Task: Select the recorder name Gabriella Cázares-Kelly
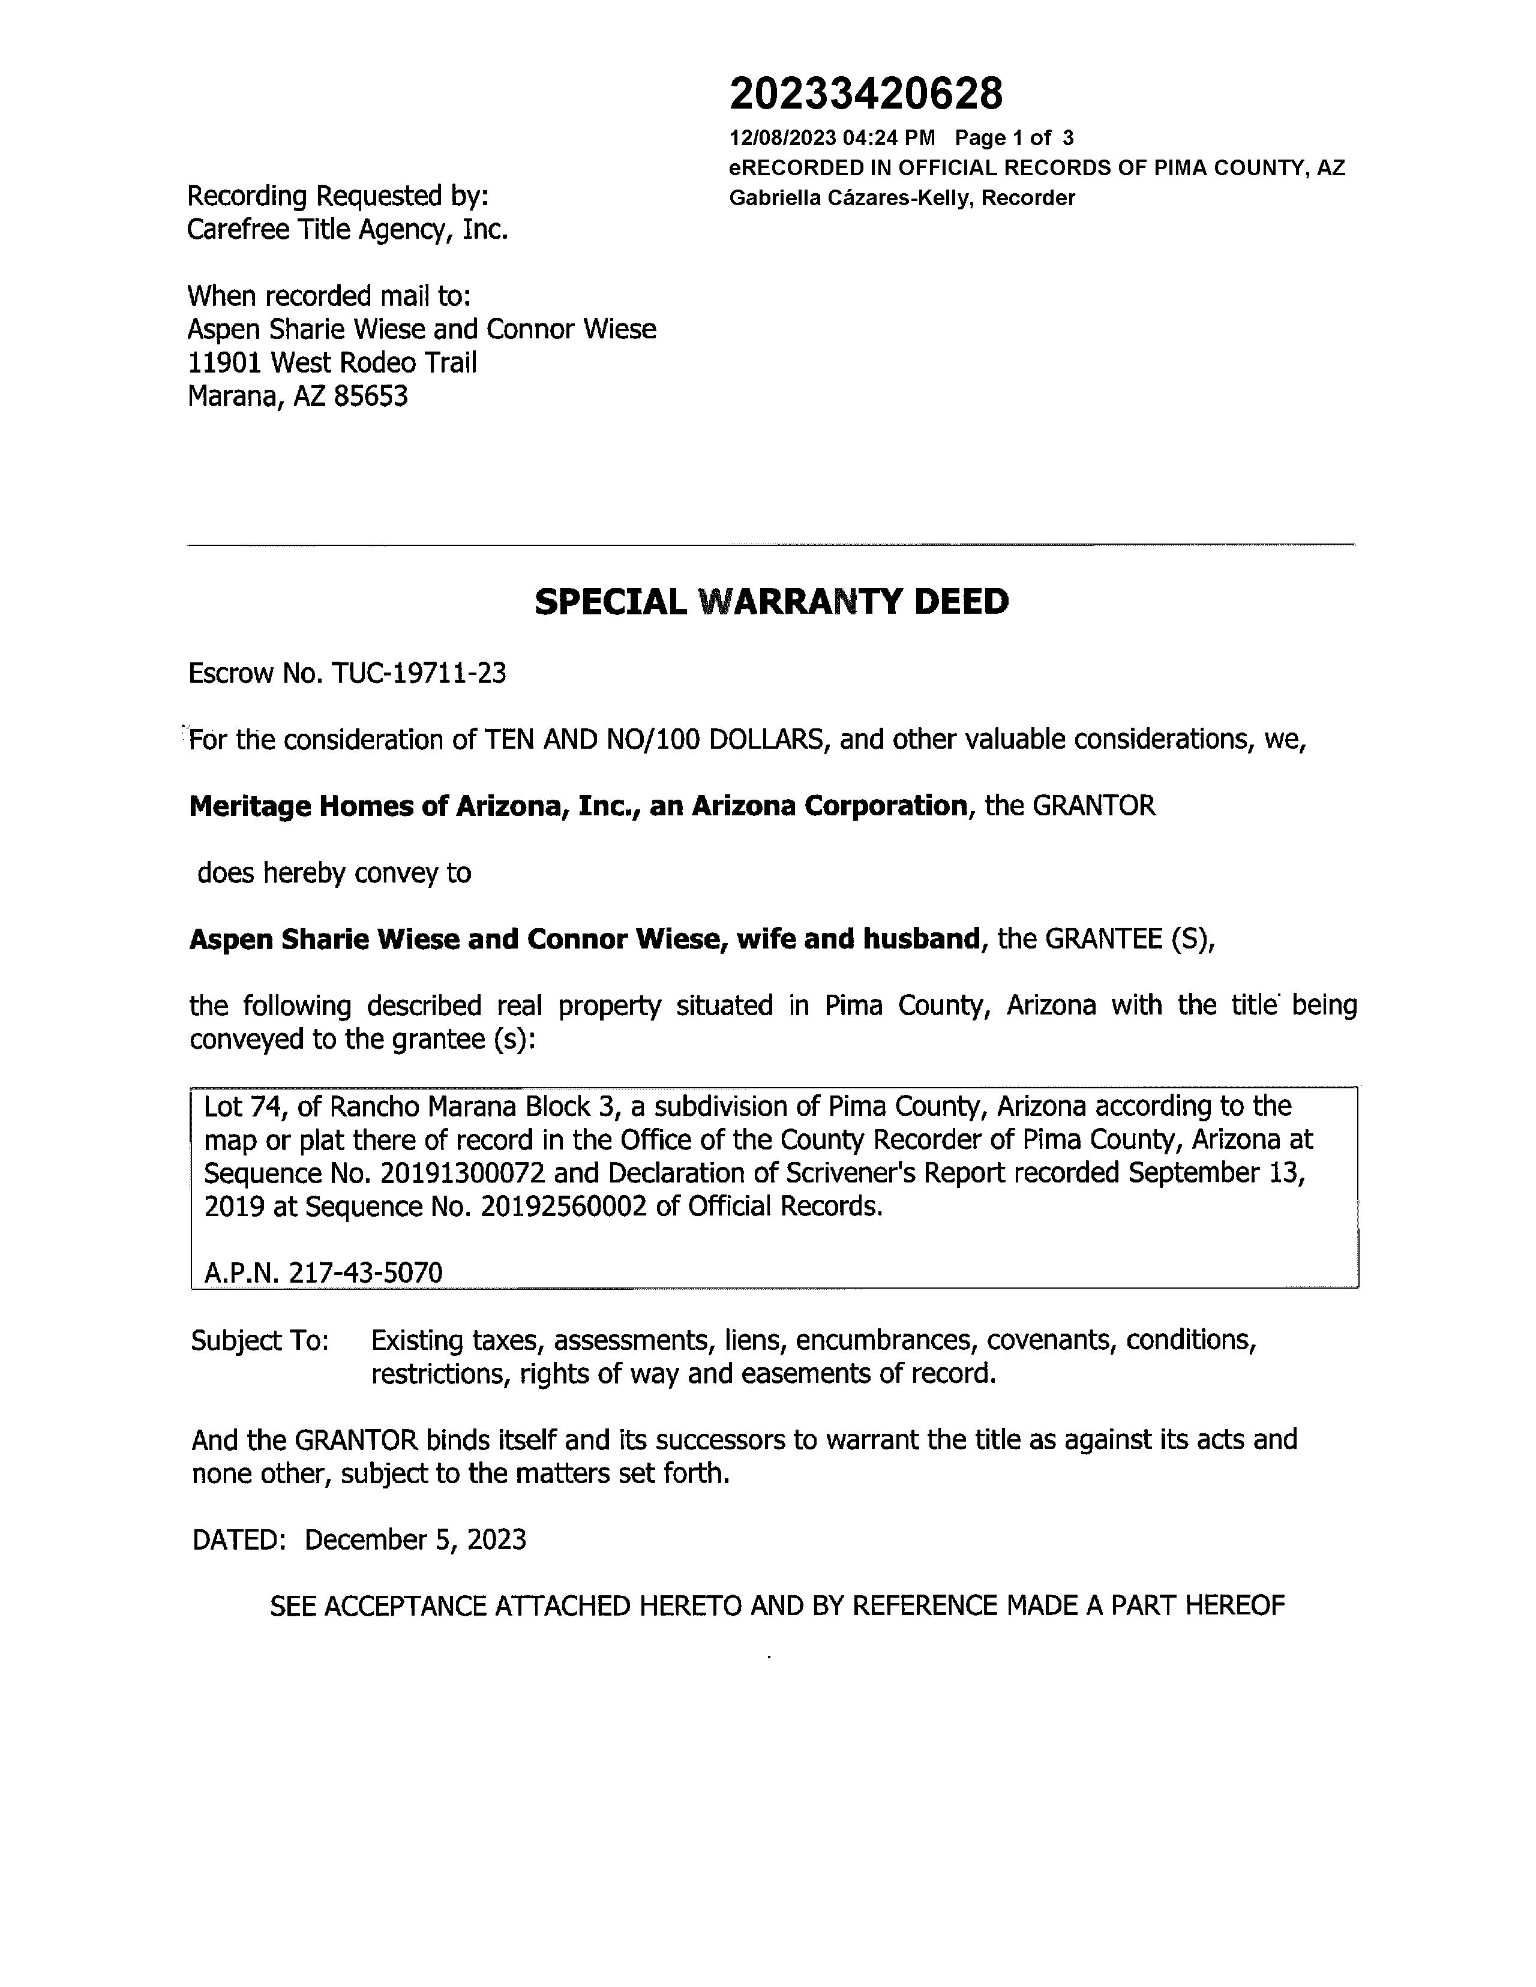click(851, 199)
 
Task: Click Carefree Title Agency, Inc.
click(347, 229)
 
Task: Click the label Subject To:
click(259, 1341)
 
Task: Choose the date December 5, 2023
click(415, 1539)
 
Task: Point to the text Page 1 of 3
click(1013, 139)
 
